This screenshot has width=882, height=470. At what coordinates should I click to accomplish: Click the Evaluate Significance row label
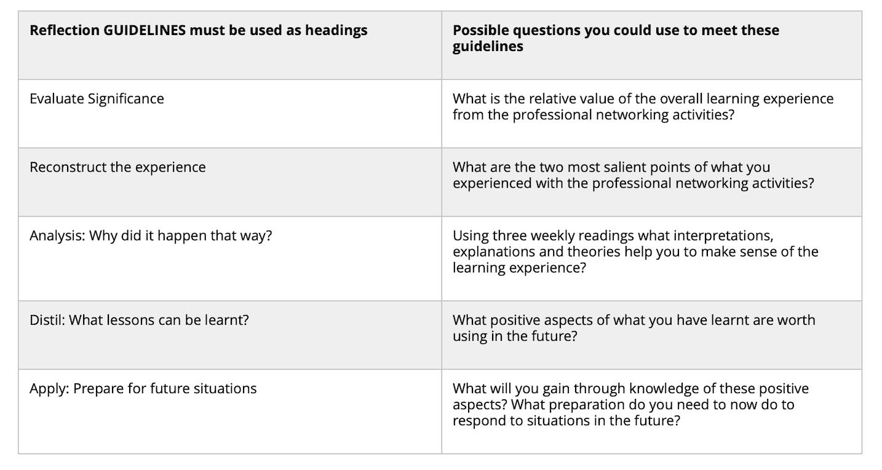point(97,98)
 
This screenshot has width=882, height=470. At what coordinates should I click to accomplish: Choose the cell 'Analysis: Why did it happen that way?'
point(150,236)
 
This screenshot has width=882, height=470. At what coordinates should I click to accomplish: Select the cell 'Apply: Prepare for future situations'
point(143,388)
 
